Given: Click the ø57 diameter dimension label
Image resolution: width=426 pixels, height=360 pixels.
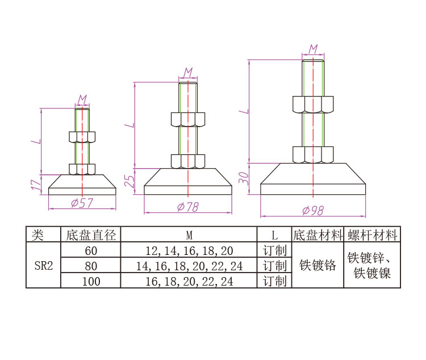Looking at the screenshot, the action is coord(82,203).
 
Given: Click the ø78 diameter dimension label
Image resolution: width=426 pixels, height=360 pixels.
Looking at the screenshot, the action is coord(188,207).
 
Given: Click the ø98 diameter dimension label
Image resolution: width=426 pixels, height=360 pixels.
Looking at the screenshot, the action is coord(313,211).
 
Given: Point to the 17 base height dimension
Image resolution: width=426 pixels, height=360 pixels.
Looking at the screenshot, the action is coord(36,185).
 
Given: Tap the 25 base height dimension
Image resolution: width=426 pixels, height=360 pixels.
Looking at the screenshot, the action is coord(130,181).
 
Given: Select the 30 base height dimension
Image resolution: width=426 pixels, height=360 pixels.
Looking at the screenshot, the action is coord(244,178).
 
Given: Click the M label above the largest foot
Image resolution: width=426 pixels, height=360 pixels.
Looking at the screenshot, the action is coord(313,49).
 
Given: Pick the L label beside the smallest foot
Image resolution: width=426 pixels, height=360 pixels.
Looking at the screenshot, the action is coord(36,141).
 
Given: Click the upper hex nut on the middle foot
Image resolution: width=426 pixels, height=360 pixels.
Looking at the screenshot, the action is coord(188,119).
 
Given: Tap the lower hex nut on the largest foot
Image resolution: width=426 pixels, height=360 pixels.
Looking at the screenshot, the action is coord(313,154).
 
